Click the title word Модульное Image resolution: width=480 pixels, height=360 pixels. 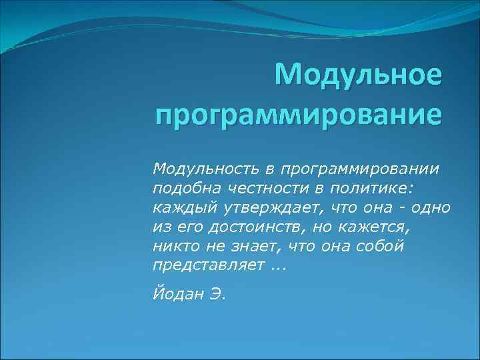(358, 75)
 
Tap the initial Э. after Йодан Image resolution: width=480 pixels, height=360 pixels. (219, 294)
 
